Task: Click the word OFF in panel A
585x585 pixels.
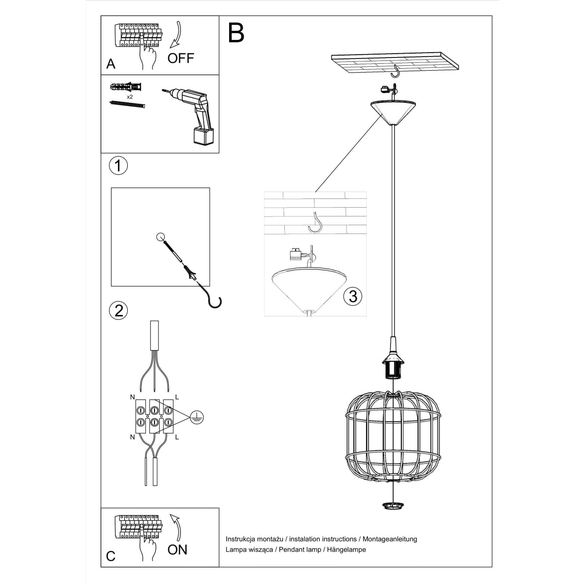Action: pyautogui.click(x=180, y=58)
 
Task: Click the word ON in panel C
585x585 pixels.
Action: pyautogui.click(x=177, y=549)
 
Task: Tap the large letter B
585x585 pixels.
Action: pyautogui.click(x=236, y=33)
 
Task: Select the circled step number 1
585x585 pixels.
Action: pyautogui.click(x=118, y=165)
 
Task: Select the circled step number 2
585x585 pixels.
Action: pyautogui.click(x=118, y=310)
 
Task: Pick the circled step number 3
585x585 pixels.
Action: pyautogui.click(x=352, y=295)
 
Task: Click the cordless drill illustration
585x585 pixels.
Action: pyautogui.click(x=192, y=115)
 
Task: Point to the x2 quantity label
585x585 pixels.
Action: pyautogui.click(x=130, y=97)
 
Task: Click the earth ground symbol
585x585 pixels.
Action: pyautogui.click(x=197, y=416)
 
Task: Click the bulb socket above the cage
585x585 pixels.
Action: pyautogui.click(x=392, y=367)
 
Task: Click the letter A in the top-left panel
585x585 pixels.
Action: pyautogui.click(x=111, y=64)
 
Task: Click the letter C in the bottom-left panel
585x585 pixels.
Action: pyautogui.click(x=111, y=557)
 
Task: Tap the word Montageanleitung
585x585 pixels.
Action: pyautogui.click(x=390, y=539)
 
